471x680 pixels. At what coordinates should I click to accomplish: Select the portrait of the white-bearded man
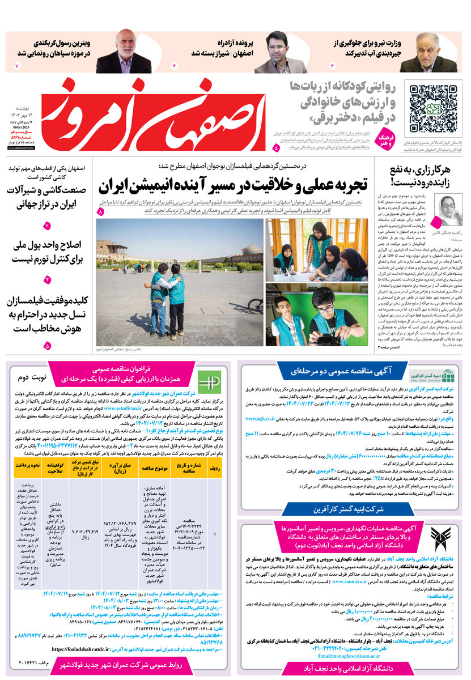124,52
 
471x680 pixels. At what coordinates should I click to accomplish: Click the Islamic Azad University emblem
443,542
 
